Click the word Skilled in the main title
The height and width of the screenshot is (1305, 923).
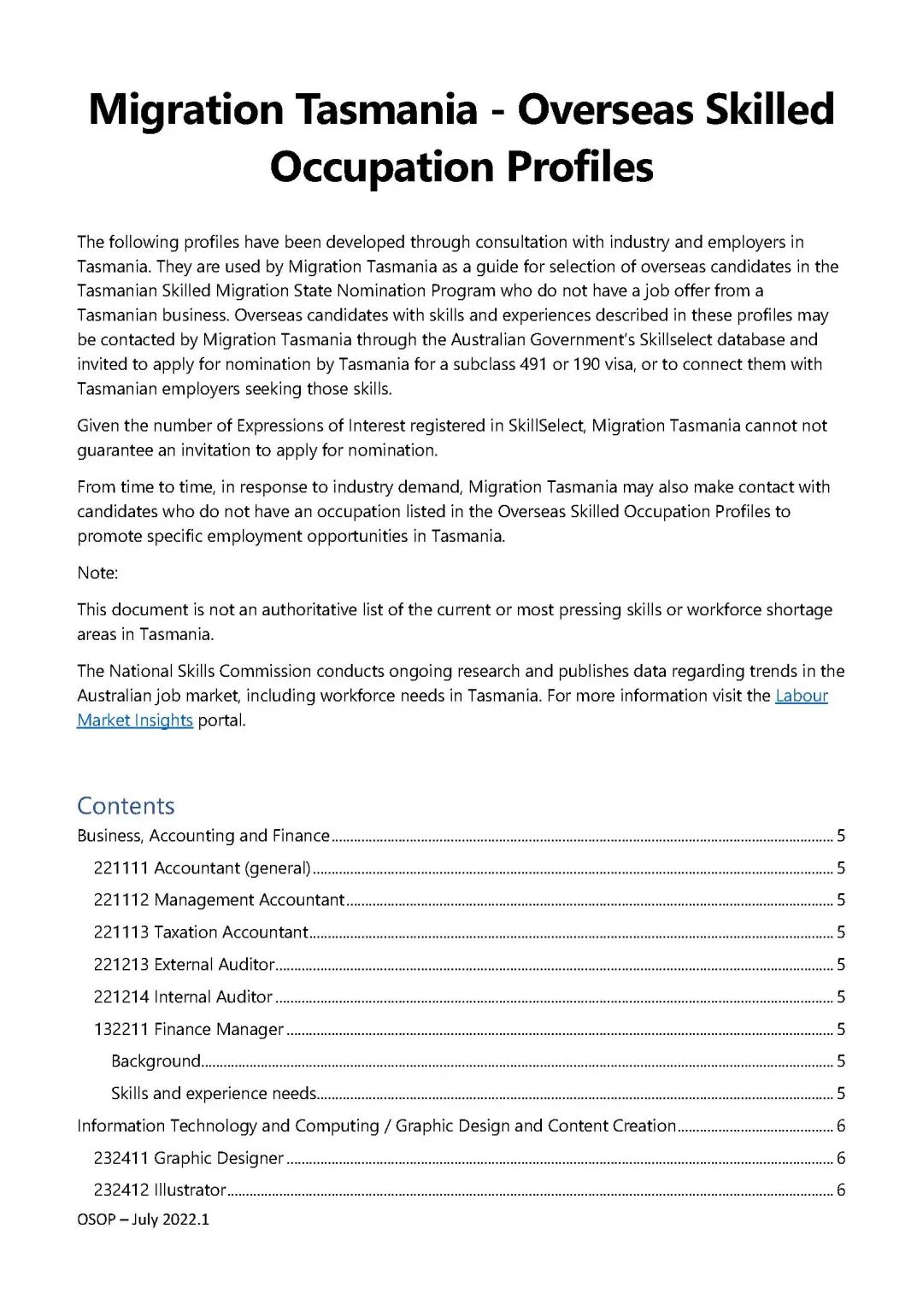pyautogui.click(x=769, y=109)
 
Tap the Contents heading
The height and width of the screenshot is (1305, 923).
pyautogui.click(x=126, y=806)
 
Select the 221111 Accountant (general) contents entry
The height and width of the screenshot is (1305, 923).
pyautogui.click(x=202, y=868)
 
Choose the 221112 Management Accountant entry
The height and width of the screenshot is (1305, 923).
pyautogui.click(x=219, y=900)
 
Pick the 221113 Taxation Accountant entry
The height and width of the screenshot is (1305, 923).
pyautogui.click(x=201, y=932)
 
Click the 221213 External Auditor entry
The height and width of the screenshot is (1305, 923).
pyautogui.click(x=184, y=965)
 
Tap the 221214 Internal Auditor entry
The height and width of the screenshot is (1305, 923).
pyautogui.click(x=183, y=996)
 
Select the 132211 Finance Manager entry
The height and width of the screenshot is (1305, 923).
pyautogui.click(x=188, y=1029)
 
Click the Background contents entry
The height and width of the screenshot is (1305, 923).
pyautogui.click(x=156, y=1061)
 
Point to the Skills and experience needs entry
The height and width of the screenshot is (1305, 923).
pyautogui.click(x=214, y=1094)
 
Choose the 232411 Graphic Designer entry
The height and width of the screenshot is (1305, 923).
pyautogui.click(x=188, y=1158)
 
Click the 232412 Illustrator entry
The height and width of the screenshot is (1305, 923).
pyautogui.click(x=160, y=1190)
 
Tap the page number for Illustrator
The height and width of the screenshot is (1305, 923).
pyautogui.click(x=841, y=1190)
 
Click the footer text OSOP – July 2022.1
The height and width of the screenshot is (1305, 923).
pyautogui.click(x=143, y=1220)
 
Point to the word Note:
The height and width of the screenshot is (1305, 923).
pyautogui.click(x=97, y=573)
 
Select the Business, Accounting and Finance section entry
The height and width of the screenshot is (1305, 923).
pyautogui.click(x=203, y=836)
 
